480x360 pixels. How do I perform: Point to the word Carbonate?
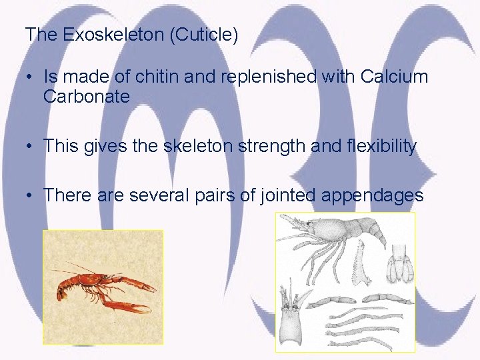pyautogui.click(x=86, y=97)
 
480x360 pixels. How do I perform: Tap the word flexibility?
pyautogui.click(x=377, y=146)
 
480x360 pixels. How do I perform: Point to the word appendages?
pyautogui.click(x=372, y=195)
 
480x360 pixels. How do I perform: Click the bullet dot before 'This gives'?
pyautogui.click(x=30, y=147)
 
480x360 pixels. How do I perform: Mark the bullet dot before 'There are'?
pyautogui.click(x=30, y=196)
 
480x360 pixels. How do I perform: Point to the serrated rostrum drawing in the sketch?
pyautogui.click(x=362, y=263)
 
